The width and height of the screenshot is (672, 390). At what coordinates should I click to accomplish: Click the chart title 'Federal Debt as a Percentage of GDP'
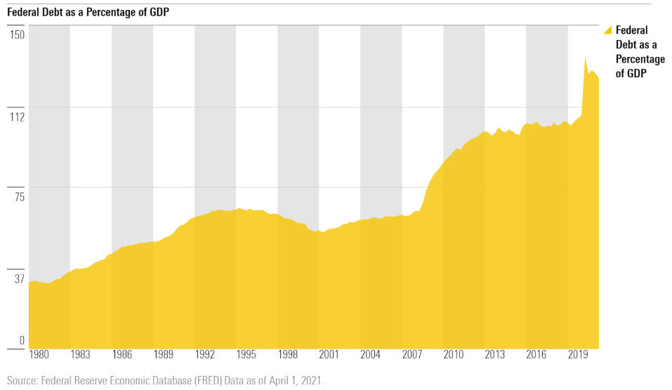[x=88, y=13]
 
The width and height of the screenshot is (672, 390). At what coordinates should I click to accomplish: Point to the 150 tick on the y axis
[x=17, y=35]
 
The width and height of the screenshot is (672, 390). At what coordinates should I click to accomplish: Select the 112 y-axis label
[x=17, y=116]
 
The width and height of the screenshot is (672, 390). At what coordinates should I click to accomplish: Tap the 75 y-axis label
[x=18, y=196]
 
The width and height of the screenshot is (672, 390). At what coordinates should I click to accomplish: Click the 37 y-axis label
[x=18, y=278]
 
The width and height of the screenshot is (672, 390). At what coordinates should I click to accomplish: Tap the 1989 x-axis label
[x=163, y=355]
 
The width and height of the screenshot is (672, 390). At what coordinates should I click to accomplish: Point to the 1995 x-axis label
[x=246, y=355]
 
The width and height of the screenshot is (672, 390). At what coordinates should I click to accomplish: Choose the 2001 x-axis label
[x=329, y=355]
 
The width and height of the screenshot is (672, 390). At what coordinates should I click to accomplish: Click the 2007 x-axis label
[x=411, y=355]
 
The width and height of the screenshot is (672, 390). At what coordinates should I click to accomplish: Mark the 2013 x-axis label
[x=494, y=355]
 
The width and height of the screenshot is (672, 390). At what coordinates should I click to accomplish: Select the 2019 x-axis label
[x=577, y=355]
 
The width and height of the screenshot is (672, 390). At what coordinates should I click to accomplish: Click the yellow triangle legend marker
[x=608, y=30]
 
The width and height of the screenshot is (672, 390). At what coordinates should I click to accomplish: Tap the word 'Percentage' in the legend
[x=640, y=59]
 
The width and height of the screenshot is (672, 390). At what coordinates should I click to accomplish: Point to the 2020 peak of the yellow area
[x=586, y=57]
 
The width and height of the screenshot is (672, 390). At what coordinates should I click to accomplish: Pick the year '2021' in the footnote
[x=310, y=380]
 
